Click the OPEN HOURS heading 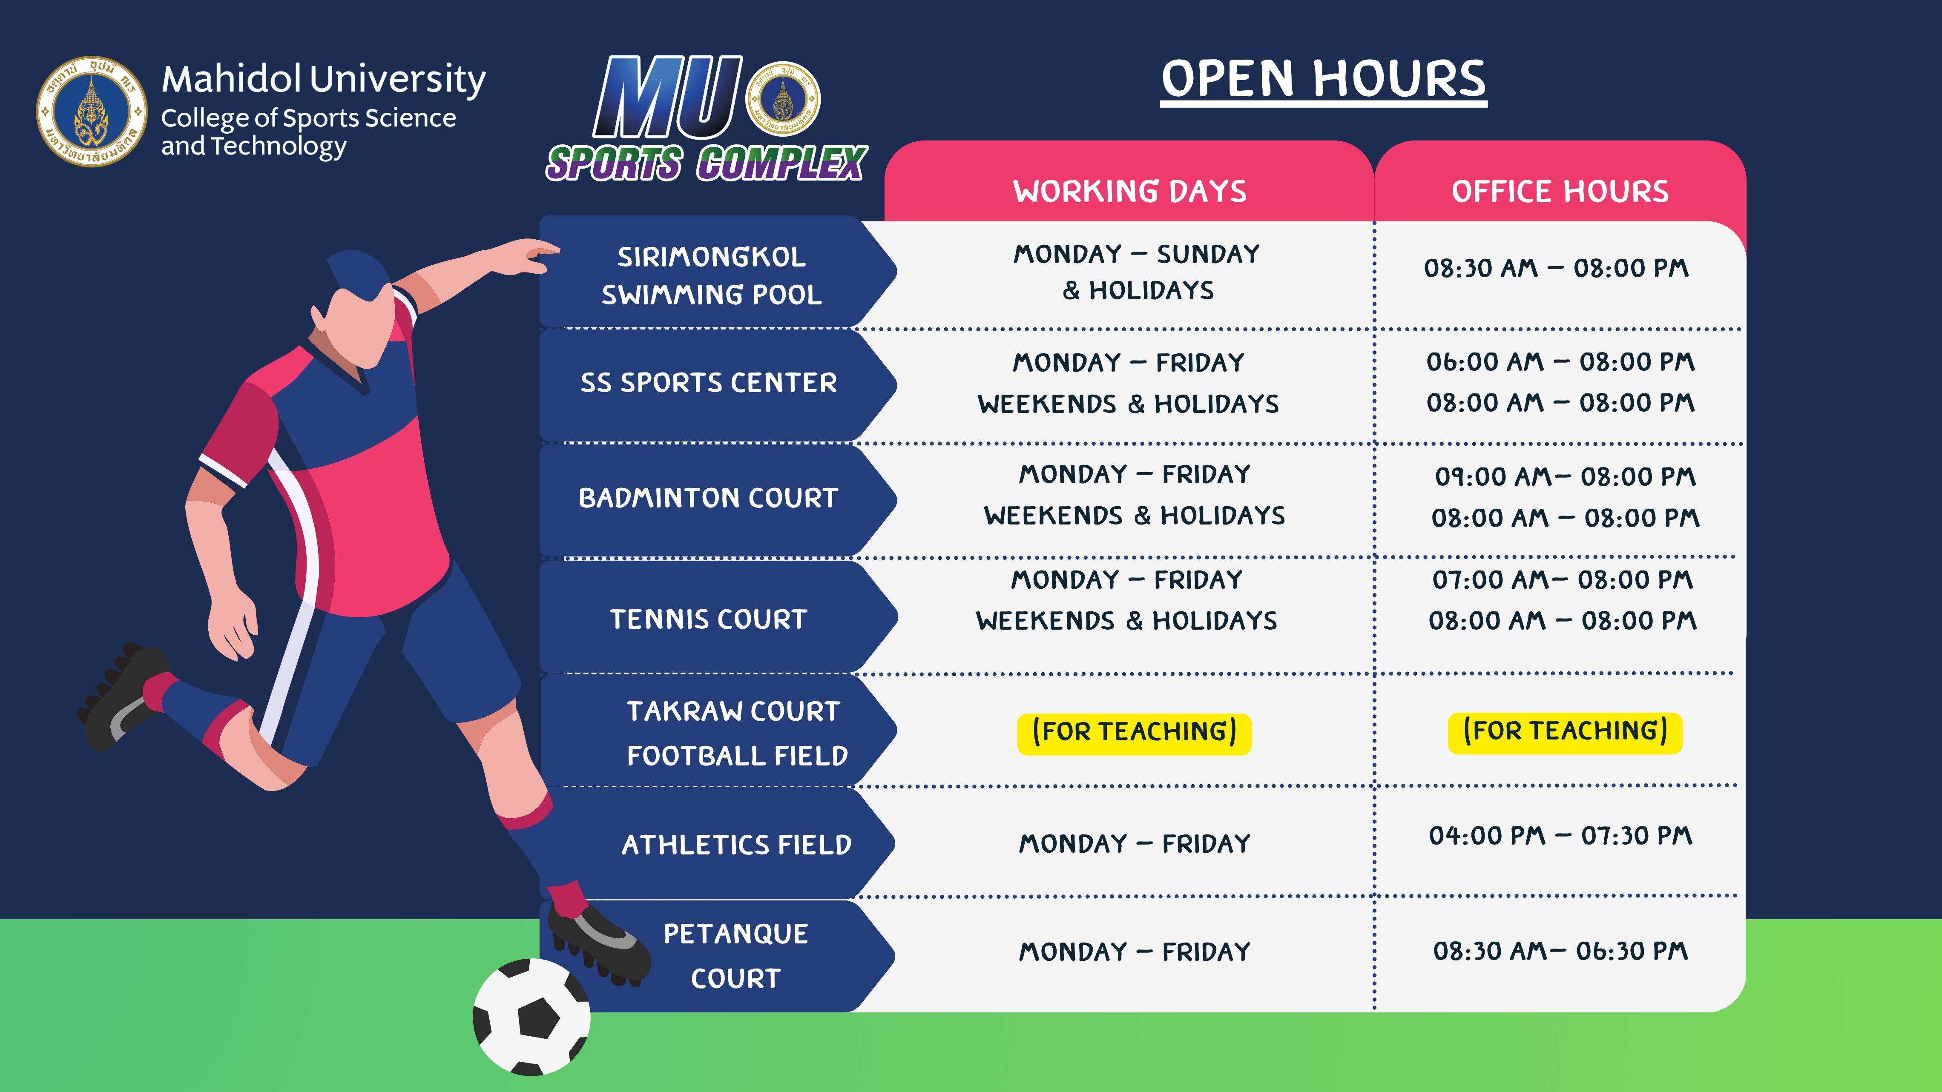(1323, 80)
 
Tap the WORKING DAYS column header (1129, 192)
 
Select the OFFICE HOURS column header (1560, 192)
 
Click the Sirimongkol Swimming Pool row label (712, 275)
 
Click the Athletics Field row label (736, 845)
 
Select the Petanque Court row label (736, 956)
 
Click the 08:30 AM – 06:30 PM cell (1560, 951)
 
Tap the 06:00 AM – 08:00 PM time (1560, 362)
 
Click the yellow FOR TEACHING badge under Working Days (1134, 733)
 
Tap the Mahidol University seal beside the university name (92, 112)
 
